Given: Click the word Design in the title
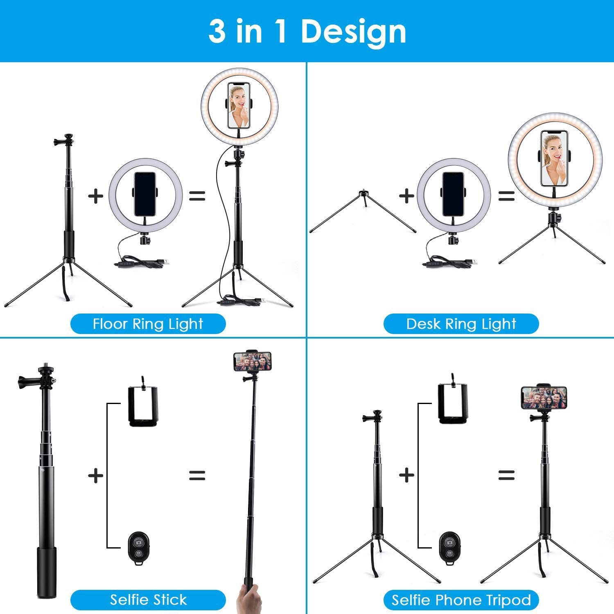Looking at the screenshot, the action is [353, 32].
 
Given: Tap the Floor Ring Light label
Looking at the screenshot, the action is [148, 324].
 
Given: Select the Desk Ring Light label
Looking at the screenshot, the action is [461, 324].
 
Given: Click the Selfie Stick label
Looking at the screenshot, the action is [148, 600].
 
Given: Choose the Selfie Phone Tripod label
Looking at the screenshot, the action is [461, 600].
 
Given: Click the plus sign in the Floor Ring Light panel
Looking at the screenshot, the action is [96, 196].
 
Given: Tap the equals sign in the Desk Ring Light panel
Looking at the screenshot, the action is [506, 196].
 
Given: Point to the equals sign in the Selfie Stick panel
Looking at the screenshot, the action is [197, 475].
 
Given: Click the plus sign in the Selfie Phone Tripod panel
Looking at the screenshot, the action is [406, 475].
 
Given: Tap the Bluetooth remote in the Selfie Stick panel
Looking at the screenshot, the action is [138, 549].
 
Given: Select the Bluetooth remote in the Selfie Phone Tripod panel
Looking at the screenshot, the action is [449, 549].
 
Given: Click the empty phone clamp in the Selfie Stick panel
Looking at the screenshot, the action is [142, 403].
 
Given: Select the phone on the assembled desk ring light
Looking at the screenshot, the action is [554, 158].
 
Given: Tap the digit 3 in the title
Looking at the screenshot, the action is [217, 32].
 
